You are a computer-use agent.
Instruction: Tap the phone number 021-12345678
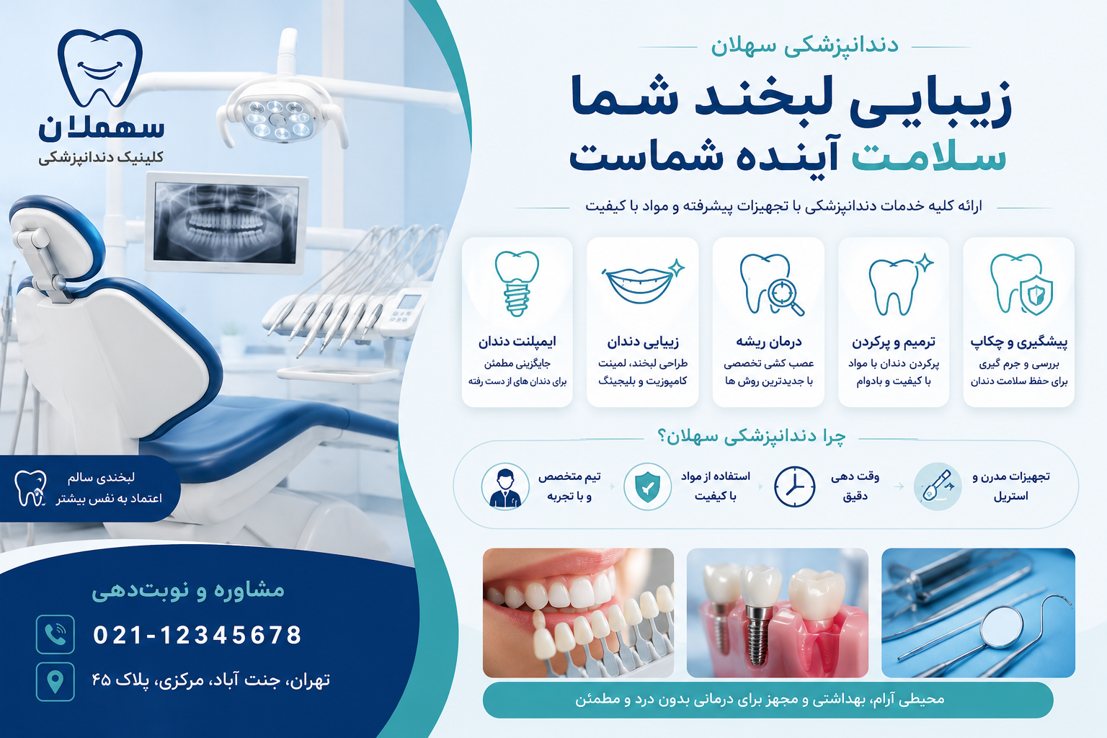tap(197, 635)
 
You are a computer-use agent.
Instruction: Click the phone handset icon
tap(55, 635)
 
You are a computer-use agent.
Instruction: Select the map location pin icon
tap(55, 682)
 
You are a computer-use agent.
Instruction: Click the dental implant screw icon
tap(517, 284)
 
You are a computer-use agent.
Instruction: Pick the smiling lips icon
tap(642, 283)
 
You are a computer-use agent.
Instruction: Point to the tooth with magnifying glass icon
tap(770, 285)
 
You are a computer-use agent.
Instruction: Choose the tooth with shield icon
tap(1021, 284)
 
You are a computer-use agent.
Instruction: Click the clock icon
tap(794, 486)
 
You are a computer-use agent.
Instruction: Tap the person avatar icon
tap(505, 486)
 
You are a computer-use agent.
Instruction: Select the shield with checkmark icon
tap(647, 486)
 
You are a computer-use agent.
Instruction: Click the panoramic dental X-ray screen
tap(226, 223)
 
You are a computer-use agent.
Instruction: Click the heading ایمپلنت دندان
tap(517, 341)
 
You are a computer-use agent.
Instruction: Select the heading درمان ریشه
tap(768, 341)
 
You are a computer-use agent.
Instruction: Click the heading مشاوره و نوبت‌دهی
tap(188, 590)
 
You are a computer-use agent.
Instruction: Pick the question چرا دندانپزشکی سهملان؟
tap(751, 437)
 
